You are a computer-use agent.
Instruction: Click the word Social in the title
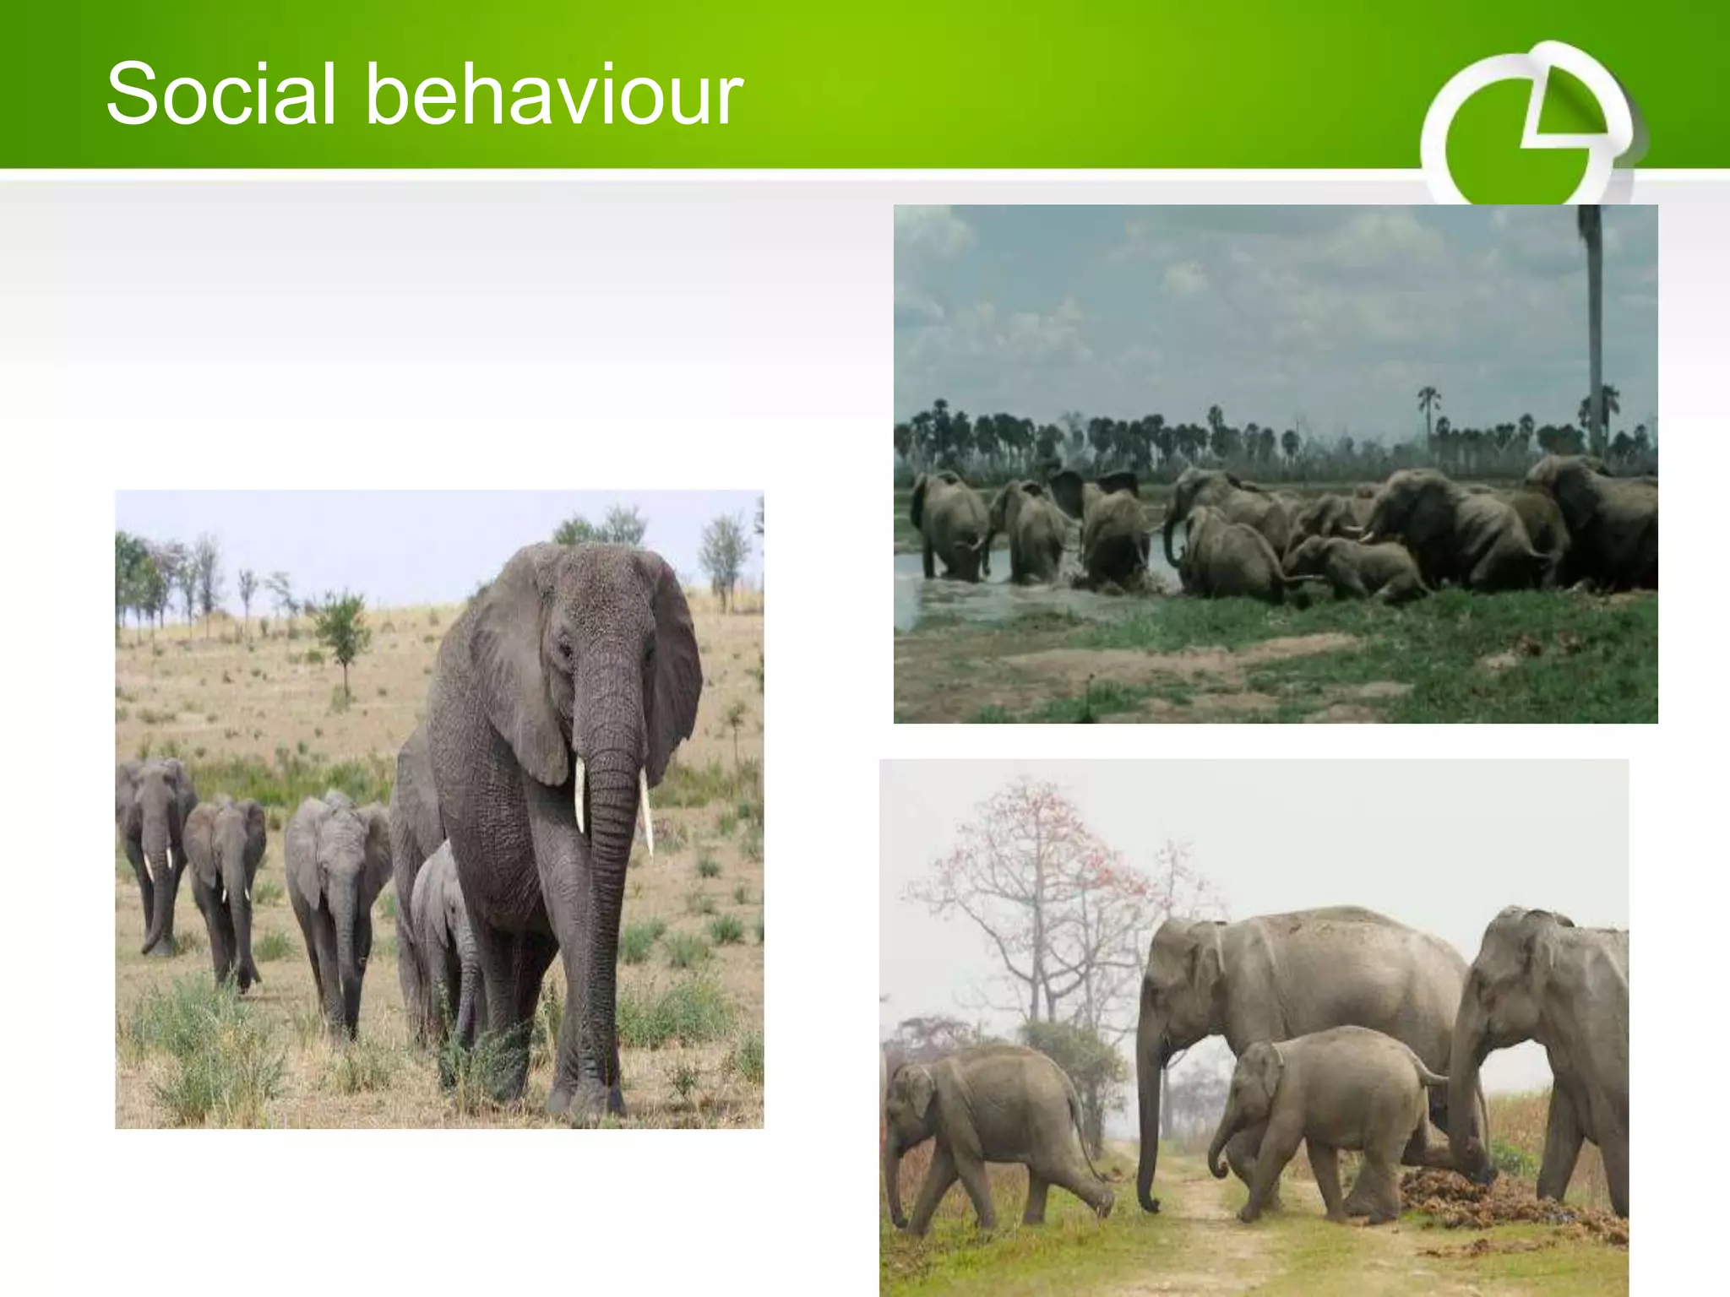[x=221, y=94]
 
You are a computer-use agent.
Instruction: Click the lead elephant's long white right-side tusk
[x=646, y=811]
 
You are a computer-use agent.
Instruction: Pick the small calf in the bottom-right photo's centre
[x=1318, y=1115]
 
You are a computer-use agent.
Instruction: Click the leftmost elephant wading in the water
[x=950, y=524]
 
